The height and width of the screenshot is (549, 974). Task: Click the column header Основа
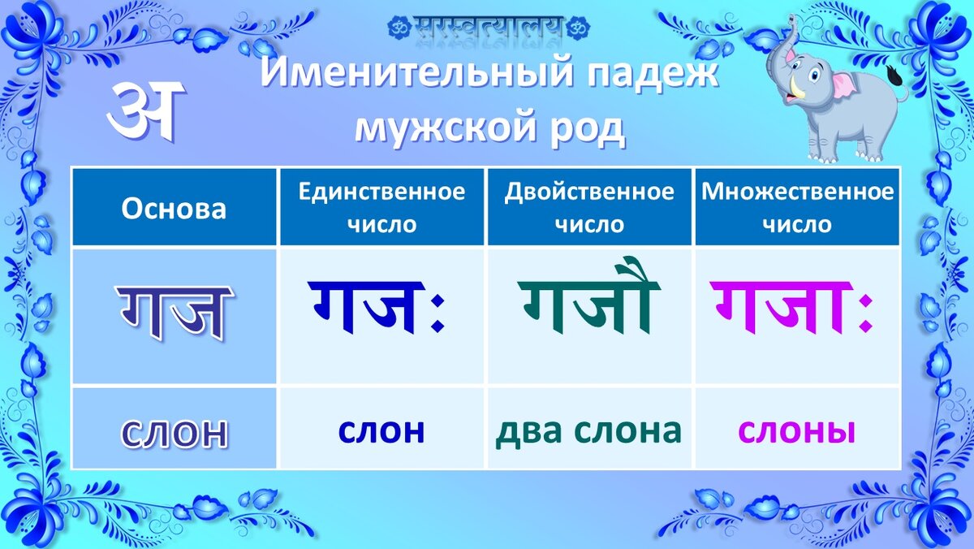[174, 209]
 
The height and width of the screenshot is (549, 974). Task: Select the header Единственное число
[381, 208]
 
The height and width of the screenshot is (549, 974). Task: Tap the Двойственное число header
[589, 208]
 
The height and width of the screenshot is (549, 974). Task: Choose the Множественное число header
[797, 208]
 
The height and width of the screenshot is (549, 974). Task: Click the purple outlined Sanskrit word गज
[175, 313]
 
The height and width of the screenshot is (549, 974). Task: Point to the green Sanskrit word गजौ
[589, 296]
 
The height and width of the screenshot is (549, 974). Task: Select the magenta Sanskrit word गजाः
[791, 307]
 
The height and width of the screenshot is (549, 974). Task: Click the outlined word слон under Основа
[174, 434]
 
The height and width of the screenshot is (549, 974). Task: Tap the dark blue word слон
[381, 430]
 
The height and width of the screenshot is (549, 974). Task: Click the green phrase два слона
[588, 430]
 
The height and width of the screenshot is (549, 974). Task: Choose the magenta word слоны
[796, 430]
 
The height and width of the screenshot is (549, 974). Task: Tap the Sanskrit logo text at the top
[489, 26]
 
